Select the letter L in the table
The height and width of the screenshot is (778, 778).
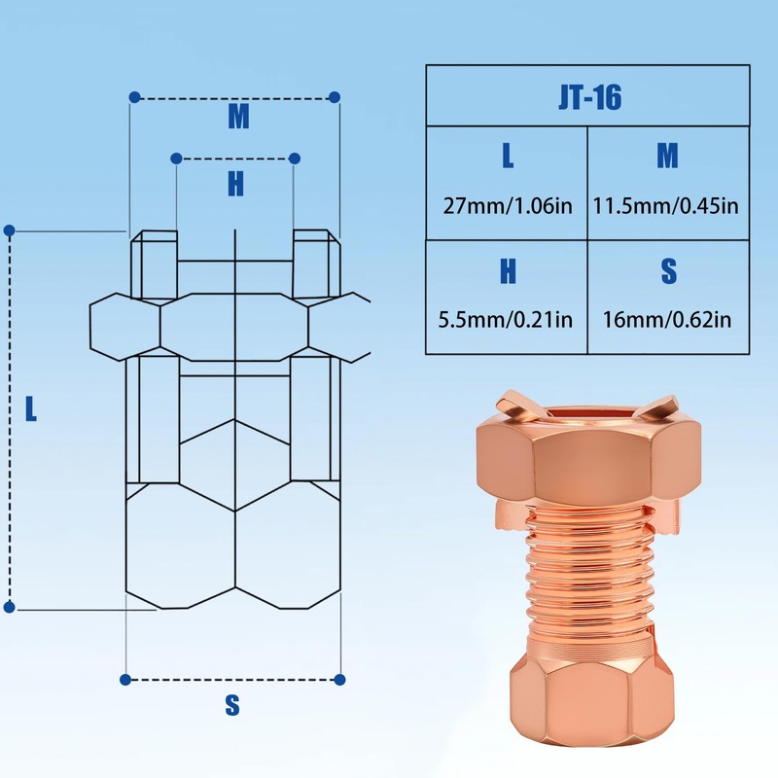click(x=508, y=156)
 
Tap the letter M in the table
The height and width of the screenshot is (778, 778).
click(x=667, y=156)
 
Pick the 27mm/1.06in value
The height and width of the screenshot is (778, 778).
click(x=507, y=205)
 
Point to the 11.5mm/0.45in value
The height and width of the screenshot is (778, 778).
click(x=667, y=205)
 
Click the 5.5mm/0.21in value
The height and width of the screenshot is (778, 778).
click(x=507, y=318)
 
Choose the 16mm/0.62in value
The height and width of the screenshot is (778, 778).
click(x=668, y=318)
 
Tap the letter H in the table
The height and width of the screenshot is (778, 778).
click(x=508, y=273)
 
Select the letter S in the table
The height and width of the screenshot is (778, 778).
click(x=668, y=273)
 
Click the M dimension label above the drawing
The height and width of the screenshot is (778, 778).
click(x=238, y=117)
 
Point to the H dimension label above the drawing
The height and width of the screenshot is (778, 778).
click(x=235, y=184)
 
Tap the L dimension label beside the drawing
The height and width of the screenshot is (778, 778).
click(x=31, y=409)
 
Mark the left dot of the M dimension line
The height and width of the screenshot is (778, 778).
click(x=134, y=98)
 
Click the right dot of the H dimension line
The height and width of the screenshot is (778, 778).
click(x=295, y=158)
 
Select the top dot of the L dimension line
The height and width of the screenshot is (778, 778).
click(x=10, y=230)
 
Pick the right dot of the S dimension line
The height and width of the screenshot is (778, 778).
click(x=340, y=679)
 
